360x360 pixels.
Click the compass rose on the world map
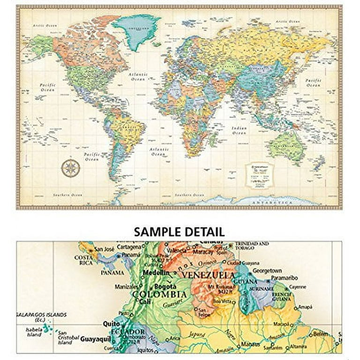[70, 168]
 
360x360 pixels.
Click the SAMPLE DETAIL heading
[179, 232]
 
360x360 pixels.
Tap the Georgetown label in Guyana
[267, 271]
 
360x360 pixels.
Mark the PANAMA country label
[112, 272]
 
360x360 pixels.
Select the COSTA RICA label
[82, 260]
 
